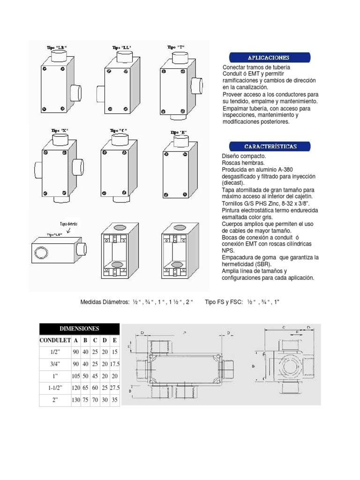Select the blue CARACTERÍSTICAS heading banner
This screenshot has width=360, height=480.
tap(269, 147)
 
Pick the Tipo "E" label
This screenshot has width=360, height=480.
tap(178, 132)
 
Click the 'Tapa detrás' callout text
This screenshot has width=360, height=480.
tap(68, 224)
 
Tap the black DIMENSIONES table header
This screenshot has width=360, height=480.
tap(79, 329)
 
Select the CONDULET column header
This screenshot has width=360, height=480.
tap(55, 340)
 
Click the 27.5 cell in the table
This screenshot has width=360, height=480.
tap(115, 389)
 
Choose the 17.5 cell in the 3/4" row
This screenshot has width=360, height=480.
tap(115, 364)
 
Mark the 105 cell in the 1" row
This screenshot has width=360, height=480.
tap(75, 376)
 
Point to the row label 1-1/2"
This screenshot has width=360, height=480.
tap(55, 389)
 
